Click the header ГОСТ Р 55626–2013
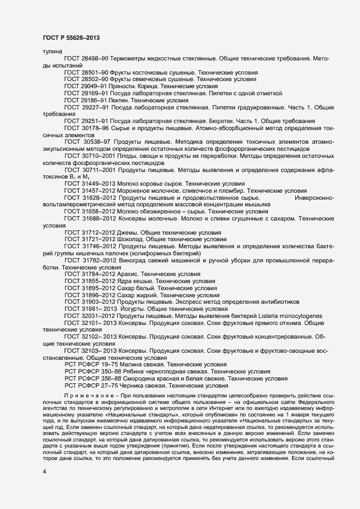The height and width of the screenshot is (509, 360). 71,38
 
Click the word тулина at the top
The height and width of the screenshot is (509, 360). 51,51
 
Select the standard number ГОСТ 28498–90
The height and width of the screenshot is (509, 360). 87,58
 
